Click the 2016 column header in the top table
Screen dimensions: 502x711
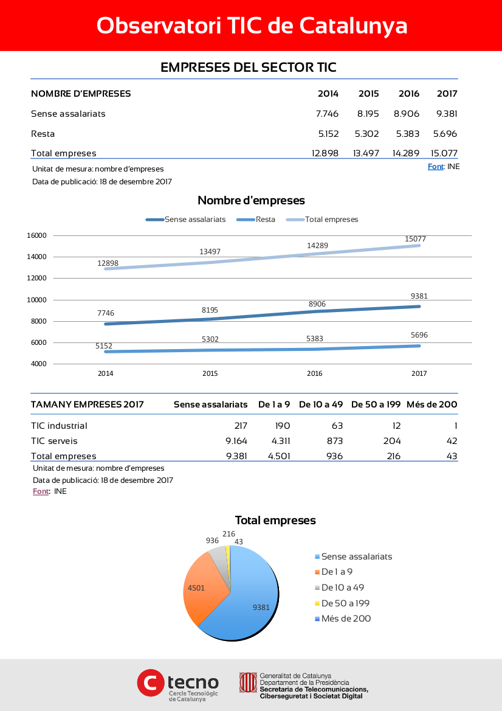[x=408, y=94]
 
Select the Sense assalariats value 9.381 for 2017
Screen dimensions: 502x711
[x=447, y=114]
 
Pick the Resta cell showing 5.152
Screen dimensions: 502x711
[x=328, y=134]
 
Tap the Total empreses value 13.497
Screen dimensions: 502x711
[x=366, y=153]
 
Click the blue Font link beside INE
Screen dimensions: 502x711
[x=435, y=167]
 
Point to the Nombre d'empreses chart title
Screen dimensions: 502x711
[x=251, y=201]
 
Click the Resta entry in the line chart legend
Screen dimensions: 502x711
[x=256, y=220]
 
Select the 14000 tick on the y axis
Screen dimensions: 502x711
[x=36, y=257]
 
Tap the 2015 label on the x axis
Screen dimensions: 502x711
[x=210, y=373]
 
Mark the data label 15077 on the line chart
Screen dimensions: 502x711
[x=415, y=239]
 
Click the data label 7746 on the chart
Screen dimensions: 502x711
[x=106, y=313]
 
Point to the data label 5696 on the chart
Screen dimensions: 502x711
[x=419, y=335]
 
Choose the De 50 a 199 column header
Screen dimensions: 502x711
[x=376, y=404]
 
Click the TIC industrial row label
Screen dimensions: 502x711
[x=59, y=426]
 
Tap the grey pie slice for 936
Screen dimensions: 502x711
[x=218, y=557]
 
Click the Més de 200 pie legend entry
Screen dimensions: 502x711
[x=343, y=619]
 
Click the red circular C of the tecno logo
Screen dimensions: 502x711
[x=151, y=683]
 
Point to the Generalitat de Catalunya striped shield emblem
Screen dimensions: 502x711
[x=248, y=682]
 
